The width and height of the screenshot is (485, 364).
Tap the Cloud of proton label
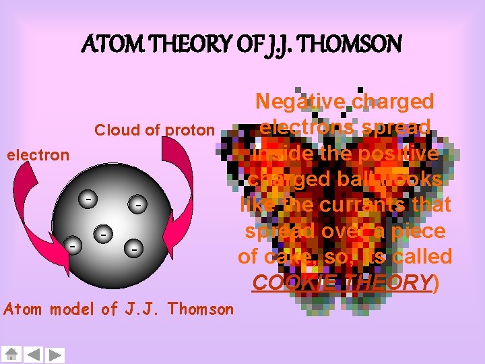coord(154,130)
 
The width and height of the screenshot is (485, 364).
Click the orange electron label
coord(38,155)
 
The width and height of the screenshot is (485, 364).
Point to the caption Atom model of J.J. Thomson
coord(119,309)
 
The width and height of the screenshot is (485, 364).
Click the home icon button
coord(11,354)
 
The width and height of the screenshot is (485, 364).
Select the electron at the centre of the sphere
coord(103,234)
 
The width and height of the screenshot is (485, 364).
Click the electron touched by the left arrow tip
coord(72,246)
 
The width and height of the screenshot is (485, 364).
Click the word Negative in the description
coord(299,102)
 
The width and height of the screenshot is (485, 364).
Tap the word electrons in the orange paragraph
coord(303,127)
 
